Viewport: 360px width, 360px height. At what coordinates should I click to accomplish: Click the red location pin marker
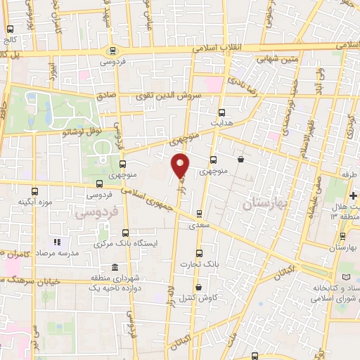point(181,165)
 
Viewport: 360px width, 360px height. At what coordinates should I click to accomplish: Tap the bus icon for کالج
point(10,30)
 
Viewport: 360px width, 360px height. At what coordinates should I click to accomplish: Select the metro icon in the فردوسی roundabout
point(112,51)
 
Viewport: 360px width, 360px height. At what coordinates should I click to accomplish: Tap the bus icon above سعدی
point(199,214)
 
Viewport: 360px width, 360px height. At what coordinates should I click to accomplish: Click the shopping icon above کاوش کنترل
point(199,287)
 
